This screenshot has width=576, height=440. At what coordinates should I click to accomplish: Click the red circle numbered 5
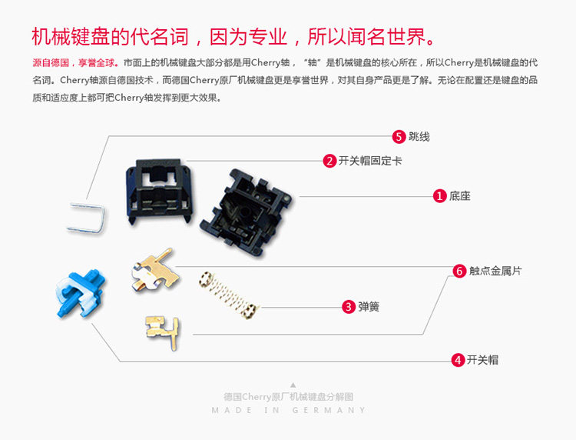(399, 136)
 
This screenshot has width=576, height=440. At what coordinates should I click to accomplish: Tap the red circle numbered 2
(329, 161)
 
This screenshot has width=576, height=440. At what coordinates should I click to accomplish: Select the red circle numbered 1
(440, 196)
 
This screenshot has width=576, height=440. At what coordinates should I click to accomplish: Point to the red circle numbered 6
(459, 271)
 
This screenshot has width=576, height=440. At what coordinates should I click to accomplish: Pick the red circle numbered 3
(349, 306)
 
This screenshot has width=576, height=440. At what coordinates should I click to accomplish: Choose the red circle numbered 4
(458, 359)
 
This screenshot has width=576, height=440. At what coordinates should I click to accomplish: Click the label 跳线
(419, 137)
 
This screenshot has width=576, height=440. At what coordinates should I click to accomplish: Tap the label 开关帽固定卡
(370, 161)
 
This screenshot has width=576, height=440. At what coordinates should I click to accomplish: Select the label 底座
(461, 196)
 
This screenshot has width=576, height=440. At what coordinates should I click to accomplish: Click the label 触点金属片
(495, 271)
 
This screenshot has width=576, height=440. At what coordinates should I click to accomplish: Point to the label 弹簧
(369, 306)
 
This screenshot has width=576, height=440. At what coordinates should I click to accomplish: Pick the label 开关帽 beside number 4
(482, 359)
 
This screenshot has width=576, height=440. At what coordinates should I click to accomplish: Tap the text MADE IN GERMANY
(289, 410)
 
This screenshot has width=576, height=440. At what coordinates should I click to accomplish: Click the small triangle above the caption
(293, 385)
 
